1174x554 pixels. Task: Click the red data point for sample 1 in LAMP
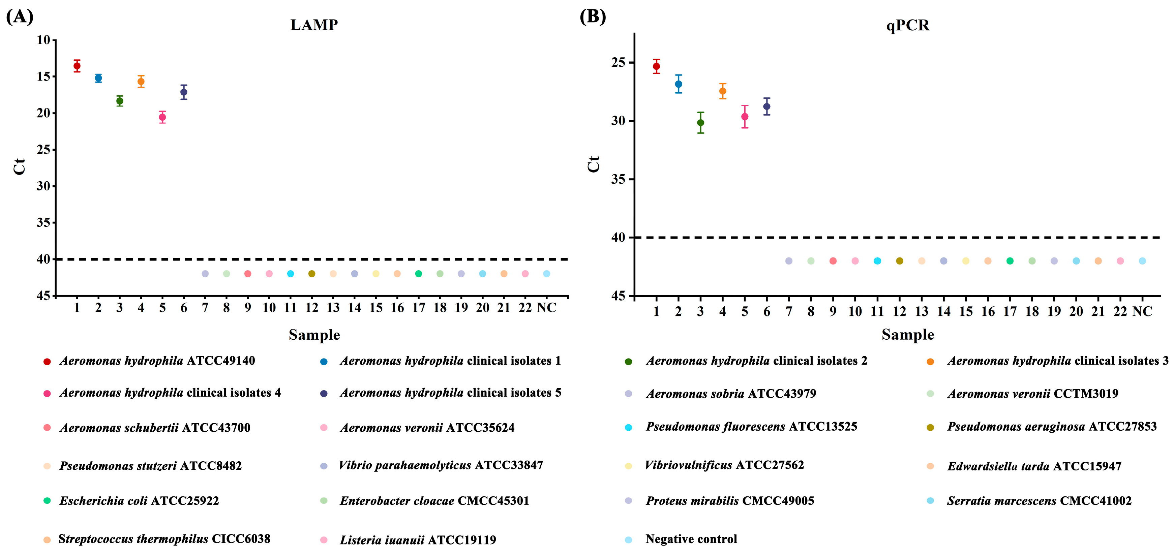tap(77, 66)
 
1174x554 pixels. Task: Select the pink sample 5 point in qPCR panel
tap(745, 117)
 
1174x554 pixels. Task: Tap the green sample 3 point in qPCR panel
tap(700, 123)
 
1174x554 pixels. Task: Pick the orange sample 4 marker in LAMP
tap(141, 82)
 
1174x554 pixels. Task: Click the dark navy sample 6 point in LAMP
tap(184, 92)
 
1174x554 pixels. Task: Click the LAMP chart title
tap(314, 25)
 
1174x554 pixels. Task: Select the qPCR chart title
tap(907, 25)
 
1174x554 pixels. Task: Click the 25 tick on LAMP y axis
tap(44, 149)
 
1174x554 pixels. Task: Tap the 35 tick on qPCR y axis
tap(619, 179)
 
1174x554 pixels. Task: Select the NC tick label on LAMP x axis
tap(546, 308)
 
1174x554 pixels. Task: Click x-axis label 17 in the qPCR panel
tap(1010, 312)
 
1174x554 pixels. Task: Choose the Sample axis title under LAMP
tap(314, 335)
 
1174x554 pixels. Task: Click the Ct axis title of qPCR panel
tap(593, 164)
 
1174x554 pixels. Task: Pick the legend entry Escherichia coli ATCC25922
tap(139, 501)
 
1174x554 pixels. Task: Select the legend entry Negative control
tap(691, 539)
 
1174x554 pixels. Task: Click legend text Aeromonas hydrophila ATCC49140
tap(157, 361)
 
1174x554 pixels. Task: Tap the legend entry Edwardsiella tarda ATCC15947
tap(1034, 466)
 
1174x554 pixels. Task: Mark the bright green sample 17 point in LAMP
tap(418, 274)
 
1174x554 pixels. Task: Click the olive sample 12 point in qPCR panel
tap(899, 261)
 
